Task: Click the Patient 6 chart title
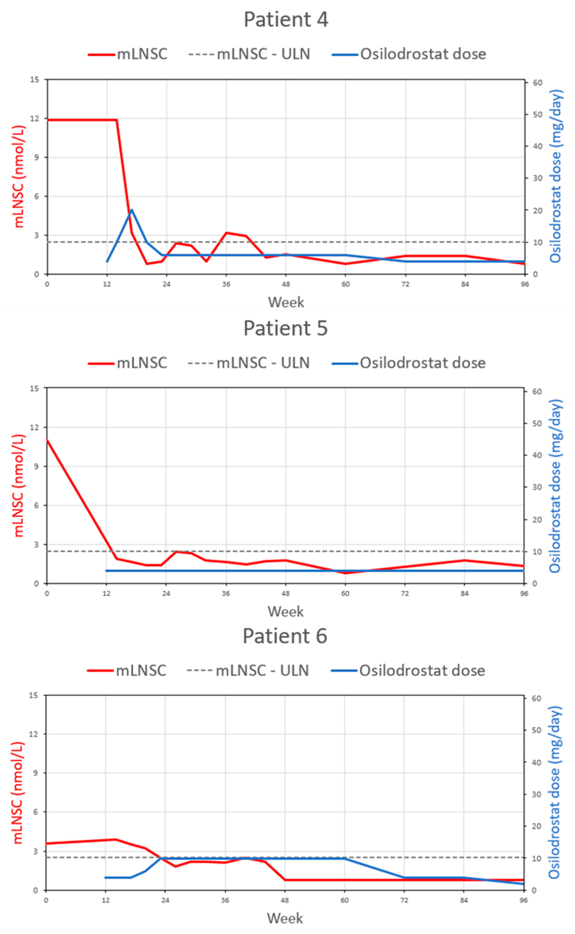pyautogui.click(x=285, y=636)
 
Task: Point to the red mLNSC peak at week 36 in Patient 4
pyautogui.click(x=226, y=232)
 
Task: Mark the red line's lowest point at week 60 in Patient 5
pyautogui.click(x=345, y=573)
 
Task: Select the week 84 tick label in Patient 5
pyautogui.click(x=464, y=593)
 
